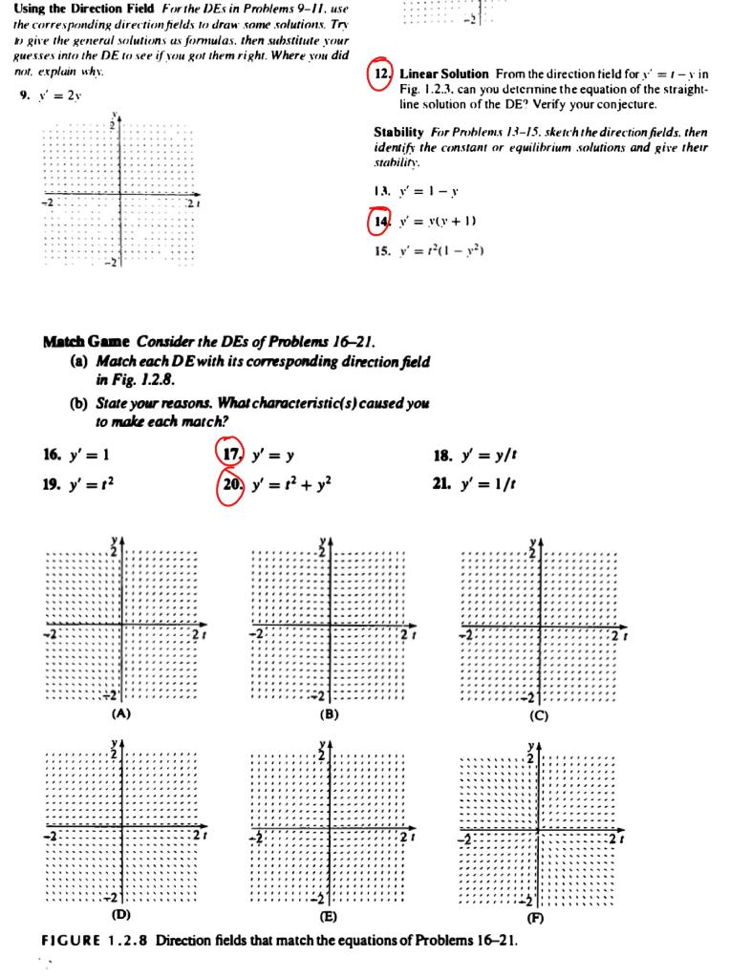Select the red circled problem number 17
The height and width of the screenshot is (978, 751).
coord(229,453)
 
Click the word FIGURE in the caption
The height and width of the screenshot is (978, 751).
coord(73,940)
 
